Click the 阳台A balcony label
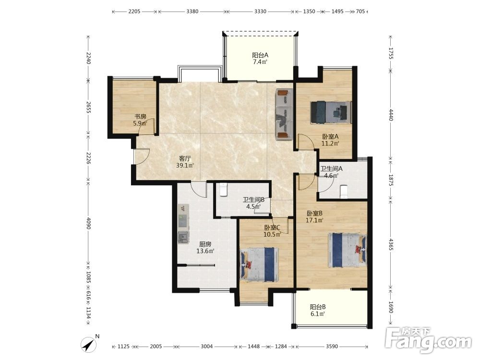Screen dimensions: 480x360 [260, 55]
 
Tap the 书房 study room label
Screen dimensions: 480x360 [141, 117]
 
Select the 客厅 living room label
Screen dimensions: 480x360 [185, 158]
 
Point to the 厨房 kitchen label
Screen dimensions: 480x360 [205, 244]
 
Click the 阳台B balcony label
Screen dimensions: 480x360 [317, 307]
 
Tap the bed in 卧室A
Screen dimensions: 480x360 [331, 112]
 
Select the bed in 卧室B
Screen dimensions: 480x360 [347, 250]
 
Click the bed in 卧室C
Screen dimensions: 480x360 [260, 264]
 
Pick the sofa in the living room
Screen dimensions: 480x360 [284, 114]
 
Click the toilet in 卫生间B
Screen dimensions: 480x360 [224, 190]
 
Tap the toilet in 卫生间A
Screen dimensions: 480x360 [344, 192]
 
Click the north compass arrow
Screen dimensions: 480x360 [88, 345]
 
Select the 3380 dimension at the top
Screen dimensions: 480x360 [192, 12]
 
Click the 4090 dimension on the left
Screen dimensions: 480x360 [88, 224]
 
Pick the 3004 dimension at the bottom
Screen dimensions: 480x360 [206, 347]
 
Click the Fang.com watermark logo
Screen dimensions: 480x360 [428, 340]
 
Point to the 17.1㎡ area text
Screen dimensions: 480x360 [315, 220]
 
